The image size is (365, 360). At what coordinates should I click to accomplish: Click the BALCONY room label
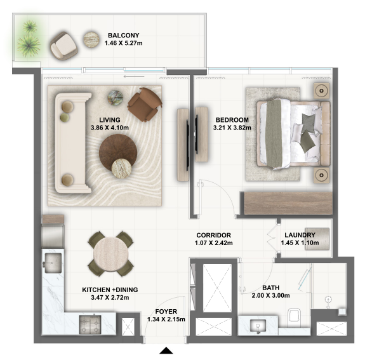click(x=123, y=36)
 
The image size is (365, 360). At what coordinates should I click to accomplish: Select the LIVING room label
click(x=110, y=119)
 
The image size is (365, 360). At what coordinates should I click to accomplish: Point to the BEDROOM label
click(x=232, y=119)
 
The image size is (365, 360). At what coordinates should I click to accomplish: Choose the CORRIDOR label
click(x=213, y=235)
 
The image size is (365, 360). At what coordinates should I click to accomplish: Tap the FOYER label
click(x=166, y=311)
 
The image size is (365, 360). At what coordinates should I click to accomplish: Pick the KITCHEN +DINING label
click(x=110, y=290)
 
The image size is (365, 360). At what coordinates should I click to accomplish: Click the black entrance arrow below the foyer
click(x=166, y=350)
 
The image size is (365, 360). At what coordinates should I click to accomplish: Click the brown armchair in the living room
click(x=145, y=103)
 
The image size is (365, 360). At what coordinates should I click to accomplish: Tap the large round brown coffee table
click(x=119, y=152)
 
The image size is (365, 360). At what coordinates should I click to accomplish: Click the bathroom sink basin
click(x=258, y=326)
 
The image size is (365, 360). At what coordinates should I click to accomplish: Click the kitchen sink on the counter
click(x=53, y=261)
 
